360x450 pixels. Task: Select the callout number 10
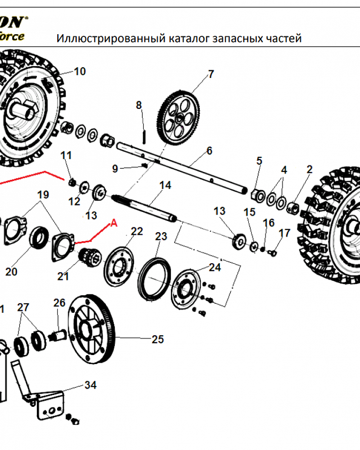coord(80,71)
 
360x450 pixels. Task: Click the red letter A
coord(114,223)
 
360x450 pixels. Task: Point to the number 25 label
coord(157,339)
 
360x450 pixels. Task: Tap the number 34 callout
coord(90,385)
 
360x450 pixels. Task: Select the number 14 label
coord(165,185)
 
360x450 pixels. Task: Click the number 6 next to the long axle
coord(209,151)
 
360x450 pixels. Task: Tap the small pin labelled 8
coord(144,135)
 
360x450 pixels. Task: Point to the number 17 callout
coord(284,233)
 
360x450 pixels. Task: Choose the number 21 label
coord(63,276)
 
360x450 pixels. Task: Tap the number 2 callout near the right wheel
coord(309,169)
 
